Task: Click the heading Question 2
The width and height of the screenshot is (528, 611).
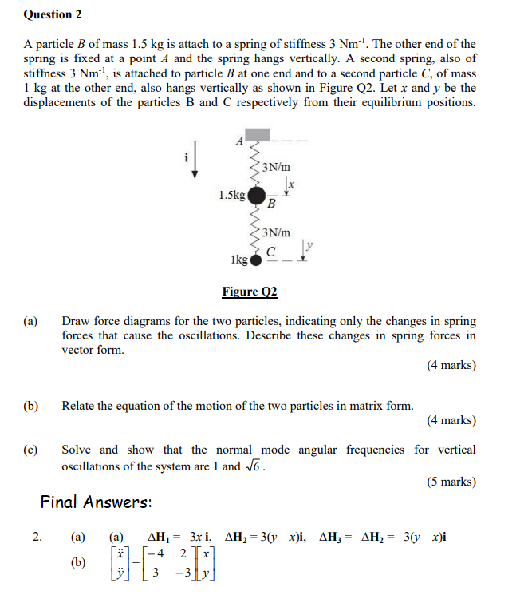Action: (x=53, y=14)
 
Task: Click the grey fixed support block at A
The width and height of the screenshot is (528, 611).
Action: (x=257, y=135)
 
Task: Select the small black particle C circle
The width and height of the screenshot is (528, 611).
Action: (x=255, y=260)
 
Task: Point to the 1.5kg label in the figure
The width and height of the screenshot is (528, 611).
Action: (x=231, y=194)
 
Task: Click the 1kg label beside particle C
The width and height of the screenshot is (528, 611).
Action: (x=238, y=260)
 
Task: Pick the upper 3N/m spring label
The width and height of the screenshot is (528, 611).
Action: (x=276, y=167)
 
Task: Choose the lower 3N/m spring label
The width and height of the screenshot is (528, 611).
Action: (x=276, y=232)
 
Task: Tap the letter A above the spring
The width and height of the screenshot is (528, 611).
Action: (x=238, y=141)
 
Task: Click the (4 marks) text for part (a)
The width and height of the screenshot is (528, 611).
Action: (x=451, y=365)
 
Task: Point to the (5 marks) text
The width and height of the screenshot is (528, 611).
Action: (x=451, y=482)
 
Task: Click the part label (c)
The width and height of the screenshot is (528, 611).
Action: (x=31, y=450)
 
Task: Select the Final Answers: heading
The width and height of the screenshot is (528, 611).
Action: (x=96, y=502)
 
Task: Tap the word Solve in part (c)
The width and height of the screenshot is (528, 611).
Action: (x=78, y=450)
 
